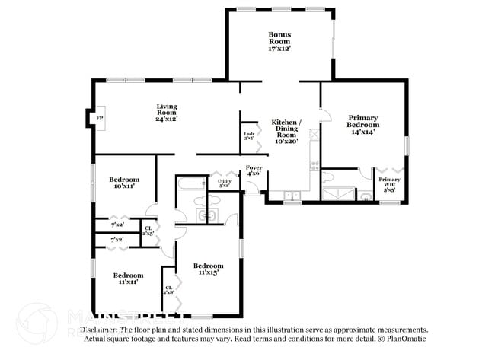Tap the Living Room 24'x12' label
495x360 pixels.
(x=168, y=113)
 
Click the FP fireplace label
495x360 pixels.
(x=100, y=118)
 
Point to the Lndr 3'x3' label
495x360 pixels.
(x=249, y=136)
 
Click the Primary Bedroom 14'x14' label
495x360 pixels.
(x=363, y=125)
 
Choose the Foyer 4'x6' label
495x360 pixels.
(x=254, y=170)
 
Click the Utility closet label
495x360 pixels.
(x=225, y=183)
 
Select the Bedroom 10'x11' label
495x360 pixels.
(x=123, y=182)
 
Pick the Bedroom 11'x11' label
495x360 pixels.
(x=128, y=279)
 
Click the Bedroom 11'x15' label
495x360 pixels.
(x=207, y=268)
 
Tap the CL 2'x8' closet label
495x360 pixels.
(x=168, y=289)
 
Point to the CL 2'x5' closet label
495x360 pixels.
(x=148, y=230)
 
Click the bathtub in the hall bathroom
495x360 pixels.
(x=191, y=183)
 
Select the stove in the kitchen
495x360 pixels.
(x=313, y=165)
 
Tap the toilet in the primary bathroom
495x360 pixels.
(x=329, y=177)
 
